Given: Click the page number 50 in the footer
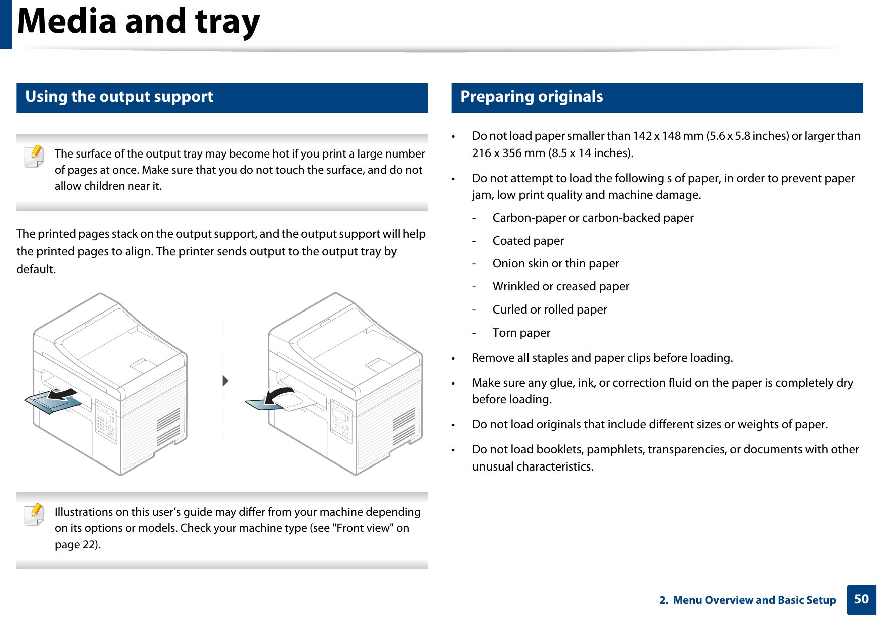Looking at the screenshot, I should (861, 599).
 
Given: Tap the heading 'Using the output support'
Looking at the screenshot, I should (119, 97).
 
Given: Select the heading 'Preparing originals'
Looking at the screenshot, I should (532, 97).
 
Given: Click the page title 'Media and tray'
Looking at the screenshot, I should (138, 22).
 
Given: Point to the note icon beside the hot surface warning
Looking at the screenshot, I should (34, 156).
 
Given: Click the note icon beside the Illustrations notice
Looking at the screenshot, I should (34, 514).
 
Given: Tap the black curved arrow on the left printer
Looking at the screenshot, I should (62, 394).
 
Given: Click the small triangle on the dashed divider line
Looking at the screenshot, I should (225, 381).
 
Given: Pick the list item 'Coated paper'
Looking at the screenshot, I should (528, 241).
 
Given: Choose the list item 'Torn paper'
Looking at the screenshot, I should (521, 333).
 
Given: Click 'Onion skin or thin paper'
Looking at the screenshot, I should (556, 264).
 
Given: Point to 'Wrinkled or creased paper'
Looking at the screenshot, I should (561, 287).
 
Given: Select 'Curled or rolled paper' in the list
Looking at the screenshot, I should (550, 310).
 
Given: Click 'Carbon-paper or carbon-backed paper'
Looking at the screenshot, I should (593, 218).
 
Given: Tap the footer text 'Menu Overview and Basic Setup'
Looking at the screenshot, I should (754, 600).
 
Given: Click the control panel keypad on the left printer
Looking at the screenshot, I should (106, 420).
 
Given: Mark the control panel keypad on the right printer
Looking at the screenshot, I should (341, 420).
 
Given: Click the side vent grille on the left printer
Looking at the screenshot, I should (168, 426).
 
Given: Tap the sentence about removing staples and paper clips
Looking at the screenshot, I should (602, 358).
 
